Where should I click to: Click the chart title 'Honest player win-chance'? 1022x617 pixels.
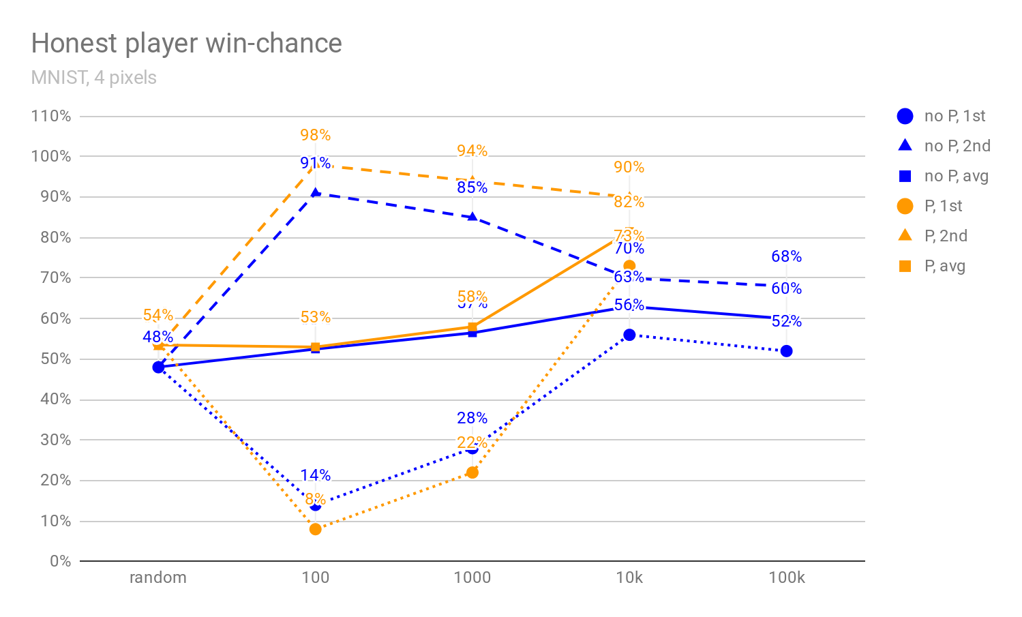(x=186, y=44)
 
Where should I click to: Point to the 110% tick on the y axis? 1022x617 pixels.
(x=51, y=116)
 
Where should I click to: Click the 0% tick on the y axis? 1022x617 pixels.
(x=60, y=561)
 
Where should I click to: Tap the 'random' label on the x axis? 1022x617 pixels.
(x=158, y=577)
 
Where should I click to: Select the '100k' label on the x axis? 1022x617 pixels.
(x=786, y=577)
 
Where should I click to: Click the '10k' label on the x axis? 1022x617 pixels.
(x=629, y=577)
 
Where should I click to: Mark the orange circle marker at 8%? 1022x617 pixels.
(x=315, y=529)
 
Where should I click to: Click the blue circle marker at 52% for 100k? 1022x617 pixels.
(x=786, y=351)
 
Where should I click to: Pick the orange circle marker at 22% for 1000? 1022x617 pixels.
(x=472, y=472)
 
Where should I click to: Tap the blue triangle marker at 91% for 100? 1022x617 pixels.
(x=315, y=193)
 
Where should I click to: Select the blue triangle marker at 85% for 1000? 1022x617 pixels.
(x=472, y=217)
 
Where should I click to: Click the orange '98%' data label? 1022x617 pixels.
(x=315, y=135)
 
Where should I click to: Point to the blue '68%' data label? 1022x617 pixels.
(x=786, y=256)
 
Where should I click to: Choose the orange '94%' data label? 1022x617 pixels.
(x=472, y=151)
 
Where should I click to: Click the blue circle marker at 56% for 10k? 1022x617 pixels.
(x=629, y=335)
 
